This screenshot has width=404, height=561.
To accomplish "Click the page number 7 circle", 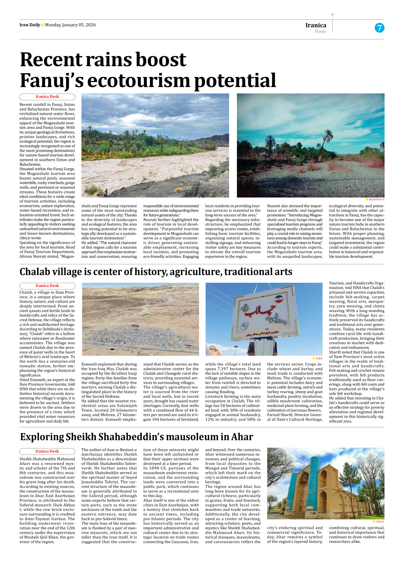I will (379, 28).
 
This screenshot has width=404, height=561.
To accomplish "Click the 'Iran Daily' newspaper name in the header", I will (30, 25).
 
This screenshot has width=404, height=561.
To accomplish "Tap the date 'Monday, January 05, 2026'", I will (70, 25).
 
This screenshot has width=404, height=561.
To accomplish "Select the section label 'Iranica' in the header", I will (316, 25).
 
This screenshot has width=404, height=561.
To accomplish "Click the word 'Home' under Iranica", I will (320, 31).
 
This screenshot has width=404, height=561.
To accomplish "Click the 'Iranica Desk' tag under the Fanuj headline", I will (47, 97).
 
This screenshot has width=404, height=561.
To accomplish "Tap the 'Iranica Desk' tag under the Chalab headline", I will (47, 286).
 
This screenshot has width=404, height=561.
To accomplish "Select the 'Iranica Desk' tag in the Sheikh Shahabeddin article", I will (47, 451).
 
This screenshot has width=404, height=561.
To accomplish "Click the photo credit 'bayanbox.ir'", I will (376, 199).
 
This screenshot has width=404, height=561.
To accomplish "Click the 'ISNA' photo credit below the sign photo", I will (319, 358).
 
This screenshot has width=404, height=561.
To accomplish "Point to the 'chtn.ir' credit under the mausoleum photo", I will (380, 522).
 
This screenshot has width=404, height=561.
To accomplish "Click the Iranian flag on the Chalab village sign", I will (279, 299).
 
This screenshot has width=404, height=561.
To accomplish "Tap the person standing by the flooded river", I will (106, 193).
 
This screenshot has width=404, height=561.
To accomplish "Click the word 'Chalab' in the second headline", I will (35, 272).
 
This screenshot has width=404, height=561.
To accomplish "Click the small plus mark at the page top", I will (332, 14).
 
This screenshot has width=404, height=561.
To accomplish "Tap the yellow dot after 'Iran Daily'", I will (43, 25).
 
